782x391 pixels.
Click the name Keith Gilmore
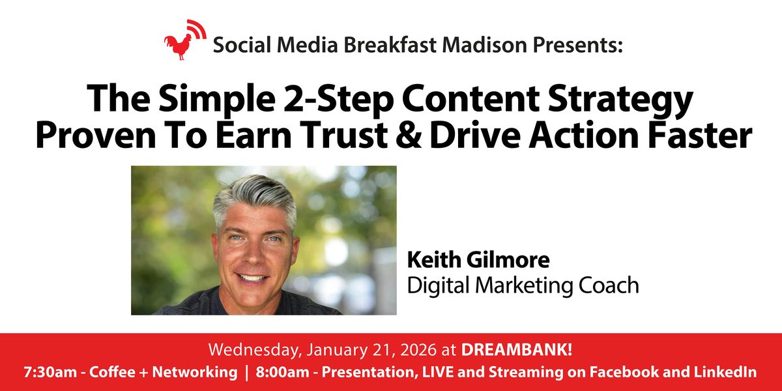[478, 260]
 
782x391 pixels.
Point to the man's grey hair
[254, 196]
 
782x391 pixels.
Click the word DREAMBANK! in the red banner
[517, 349]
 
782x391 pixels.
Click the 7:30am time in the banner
[48, 372]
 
